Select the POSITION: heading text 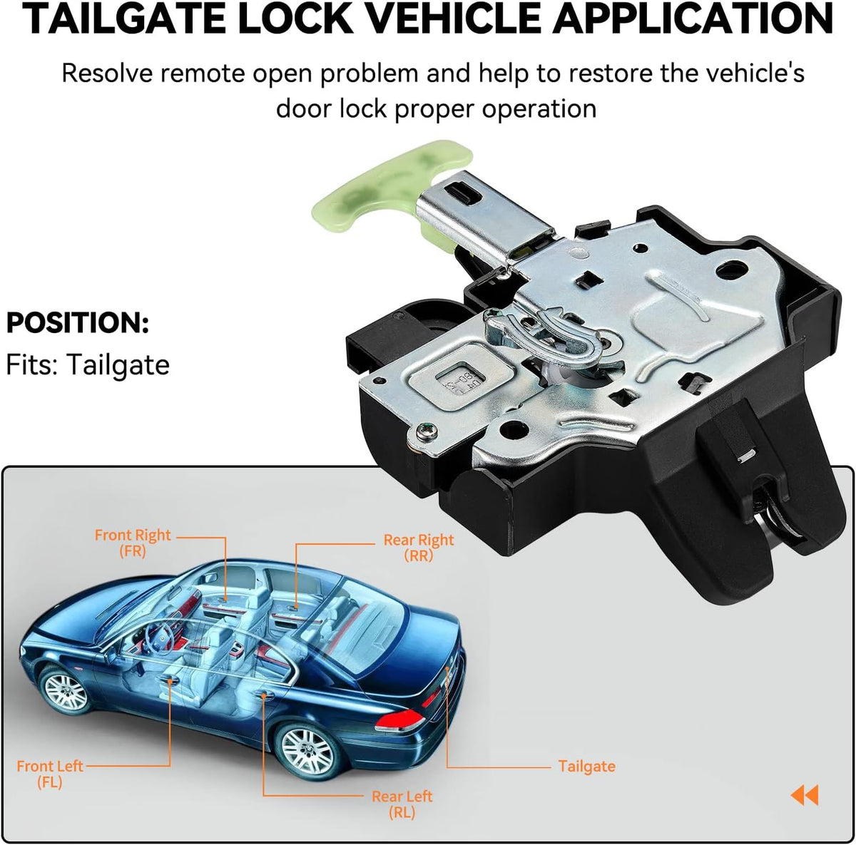(77, 323)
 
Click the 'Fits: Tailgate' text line (88, 365)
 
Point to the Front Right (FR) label (133, 543)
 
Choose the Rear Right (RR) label (419, 548)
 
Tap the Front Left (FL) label (50, 774)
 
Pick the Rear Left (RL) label (402, 804)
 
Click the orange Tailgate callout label (586, 767)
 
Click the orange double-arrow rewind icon (805, 795)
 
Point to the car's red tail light (400, 719)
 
